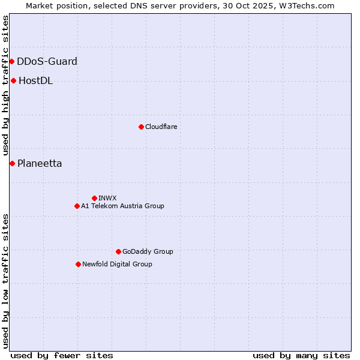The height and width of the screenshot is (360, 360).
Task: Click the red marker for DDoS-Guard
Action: pos(11,61)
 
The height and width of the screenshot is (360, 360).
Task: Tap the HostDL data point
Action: pos(13,80)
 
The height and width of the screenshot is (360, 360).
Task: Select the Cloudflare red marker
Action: pos(141,127)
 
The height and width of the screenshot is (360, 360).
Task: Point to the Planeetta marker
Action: pos(12,163)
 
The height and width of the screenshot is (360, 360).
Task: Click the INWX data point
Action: pos(94,198)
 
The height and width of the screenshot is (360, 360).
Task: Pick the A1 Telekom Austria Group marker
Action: pos(77,206)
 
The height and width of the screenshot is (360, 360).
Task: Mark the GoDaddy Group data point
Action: pos(118,251)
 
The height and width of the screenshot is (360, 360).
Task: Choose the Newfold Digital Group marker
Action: pos(79,264)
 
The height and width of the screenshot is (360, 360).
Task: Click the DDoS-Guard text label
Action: pos(47,61)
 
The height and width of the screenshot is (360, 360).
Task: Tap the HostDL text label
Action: pos(35,80)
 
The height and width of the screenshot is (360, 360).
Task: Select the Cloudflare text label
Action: pos(161,127)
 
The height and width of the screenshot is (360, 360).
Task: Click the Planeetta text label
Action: pos(40,163)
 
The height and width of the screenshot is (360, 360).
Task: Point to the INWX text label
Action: pos(107,198)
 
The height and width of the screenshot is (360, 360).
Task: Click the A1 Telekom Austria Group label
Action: pos(122,206)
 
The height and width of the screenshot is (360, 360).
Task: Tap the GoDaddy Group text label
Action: pos(148,251)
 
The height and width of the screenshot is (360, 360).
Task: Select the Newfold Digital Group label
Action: pos(117,264)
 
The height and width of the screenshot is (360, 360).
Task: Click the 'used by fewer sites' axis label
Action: pos(62,355)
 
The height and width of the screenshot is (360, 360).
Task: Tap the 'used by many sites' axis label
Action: pos(301,355)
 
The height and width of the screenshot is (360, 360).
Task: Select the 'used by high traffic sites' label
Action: pos(5,86)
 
